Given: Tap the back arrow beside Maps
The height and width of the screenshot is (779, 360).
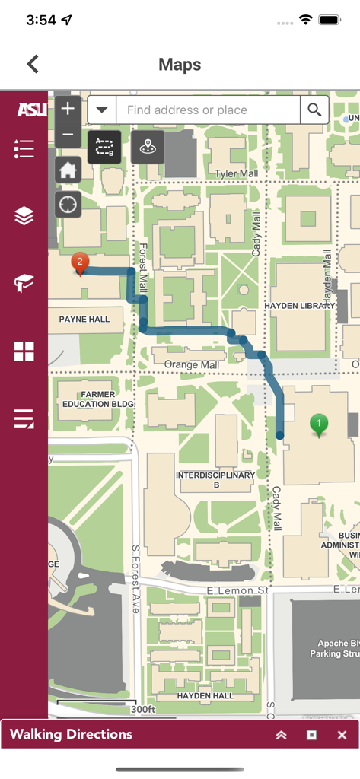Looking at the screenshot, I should tap(33, 65).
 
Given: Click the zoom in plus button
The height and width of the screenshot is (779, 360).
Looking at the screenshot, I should tap(68, 109).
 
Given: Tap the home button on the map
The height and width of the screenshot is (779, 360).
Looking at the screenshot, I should tap(68, 170).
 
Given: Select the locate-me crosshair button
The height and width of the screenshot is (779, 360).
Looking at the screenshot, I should tap(68, 204).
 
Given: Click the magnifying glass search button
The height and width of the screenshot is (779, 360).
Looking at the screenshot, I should tap(314, 110).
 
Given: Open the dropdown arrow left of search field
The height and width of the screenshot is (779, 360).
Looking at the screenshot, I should tap(101, 110).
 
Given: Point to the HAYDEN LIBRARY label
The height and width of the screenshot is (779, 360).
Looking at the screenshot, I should tap(295, 305).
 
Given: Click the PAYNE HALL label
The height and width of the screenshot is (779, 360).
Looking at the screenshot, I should tap(84, 320).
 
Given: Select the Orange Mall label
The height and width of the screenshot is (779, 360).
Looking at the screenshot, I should tap(192, 365).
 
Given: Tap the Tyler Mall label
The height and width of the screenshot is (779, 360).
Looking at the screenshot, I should tap(237, 174).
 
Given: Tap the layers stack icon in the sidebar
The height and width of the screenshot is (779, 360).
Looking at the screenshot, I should tap(24, 216).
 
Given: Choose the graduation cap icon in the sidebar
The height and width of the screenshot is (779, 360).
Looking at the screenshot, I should tap(24, 285).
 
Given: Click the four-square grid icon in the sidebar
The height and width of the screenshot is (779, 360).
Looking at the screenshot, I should tap(24, 351).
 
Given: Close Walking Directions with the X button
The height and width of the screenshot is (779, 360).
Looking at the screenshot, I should tap(342, 735).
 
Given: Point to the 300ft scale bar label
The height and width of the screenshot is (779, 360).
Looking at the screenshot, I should tap(142, 710).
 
